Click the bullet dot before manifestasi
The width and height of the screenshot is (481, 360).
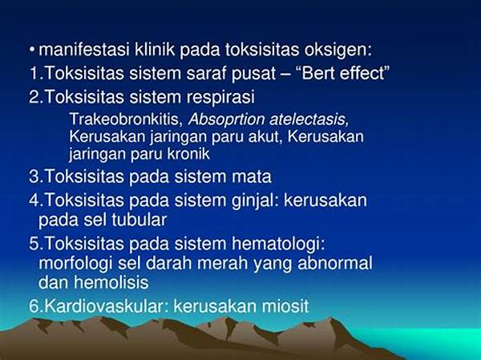tap(32, 49)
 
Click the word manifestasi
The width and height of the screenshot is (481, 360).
tap(84, 50)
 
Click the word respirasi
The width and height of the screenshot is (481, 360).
tap(220, 97)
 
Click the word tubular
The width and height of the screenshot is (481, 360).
tap(139, 220)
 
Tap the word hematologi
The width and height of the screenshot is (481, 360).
tap(278, 245)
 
